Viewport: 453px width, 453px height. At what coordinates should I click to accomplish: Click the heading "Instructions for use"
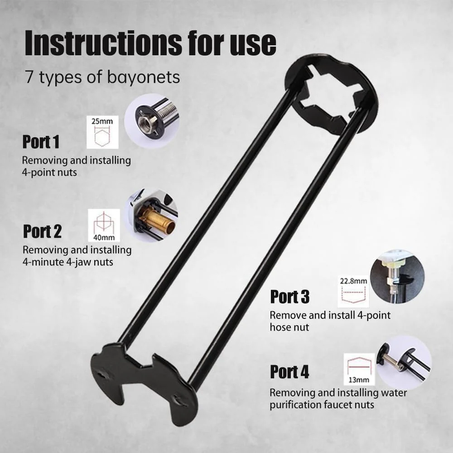pyautogui.click(x=150, y=43)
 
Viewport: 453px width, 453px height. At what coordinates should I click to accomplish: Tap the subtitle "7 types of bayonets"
pyautogui.click(x=102, y=77)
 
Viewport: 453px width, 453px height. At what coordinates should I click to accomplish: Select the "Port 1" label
pyautogui.click(x=41, y=142)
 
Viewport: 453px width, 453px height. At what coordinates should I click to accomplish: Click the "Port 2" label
pyautogui.click(x=42, y=231)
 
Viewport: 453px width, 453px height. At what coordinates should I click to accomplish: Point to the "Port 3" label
pyautogui.click(x=290, y=297)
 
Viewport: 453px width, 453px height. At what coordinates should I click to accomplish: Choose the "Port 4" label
pyautogui.click(x=289, y=372)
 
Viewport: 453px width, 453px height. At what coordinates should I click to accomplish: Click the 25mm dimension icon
pyautogui.click(x=102, y=132)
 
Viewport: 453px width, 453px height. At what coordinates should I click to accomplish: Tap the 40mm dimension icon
pyautogui.click(x=104, y=225)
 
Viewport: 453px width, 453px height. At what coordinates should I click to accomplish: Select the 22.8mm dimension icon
pyautogui.click(x=353, y=291)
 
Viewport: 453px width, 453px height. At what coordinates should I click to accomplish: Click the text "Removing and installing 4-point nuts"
pyautogui.click(x=77, y=166)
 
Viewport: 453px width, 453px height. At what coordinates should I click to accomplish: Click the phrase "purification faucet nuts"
pyautogui.click(x=322, y=405)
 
